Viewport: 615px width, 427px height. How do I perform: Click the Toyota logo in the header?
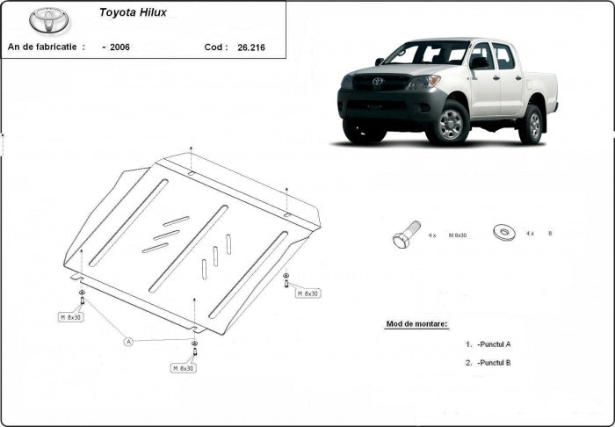click(49, 20)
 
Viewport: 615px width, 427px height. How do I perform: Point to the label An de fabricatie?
click(46, 47)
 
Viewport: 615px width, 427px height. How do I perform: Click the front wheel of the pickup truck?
click(451, 124)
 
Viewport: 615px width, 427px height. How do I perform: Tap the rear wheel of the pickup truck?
click(532, 125)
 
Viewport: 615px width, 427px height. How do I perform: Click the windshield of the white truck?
click(427, 54)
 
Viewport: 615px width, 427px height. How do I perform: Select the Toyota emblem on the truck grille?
click(378, 82)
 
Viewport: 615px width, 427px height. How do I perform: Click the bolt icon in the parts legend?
click(405, 235)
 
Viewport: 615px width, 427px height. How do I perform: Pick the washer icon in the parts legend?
click(505, 233)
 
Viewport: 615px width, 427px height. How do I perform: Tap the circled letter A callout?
click(127, 341)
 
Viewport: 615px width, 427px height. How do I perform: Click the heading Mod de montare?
click(416, 324)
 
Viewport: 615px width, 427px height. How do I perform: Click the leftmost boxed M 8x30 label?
click(71, 316)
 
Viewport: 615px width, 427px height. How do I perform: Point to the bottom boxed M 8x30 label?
click(184, 367)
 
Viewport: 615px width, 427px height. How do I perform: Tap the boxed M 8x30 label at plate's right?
click(308, 293)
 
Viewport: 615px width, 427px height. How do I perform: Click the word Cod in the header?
click(215, 47)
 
